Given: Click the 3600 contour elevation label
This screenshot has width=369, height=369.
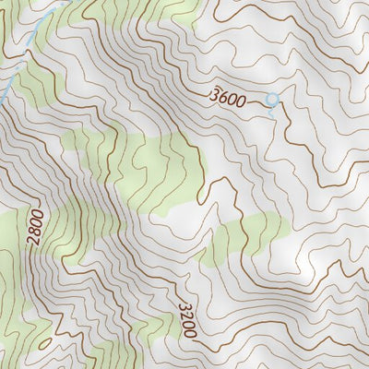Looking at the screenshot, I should [x=228, y=97].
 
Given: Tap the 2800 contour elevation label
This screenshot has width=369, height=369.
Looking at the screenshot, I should [x=35, y=227].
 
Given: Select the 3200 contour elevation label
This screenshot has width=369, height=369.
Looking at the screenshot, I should [x=184, y=308].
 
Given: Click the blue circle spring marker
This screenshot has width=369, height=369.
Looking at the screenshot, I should [x=271, y=98].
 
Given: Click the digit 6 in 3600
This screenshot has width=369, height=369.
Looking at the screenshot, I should [x=224, y=96].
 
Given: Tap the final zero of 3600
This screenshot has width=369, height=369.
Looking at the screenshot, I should [x=241, y=101].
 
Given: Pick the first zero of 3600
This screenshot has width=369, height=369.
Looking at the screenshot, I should [x=232, y=99].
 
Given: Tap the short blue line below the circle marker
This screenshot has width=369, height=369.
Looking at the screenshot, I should [x=273, y=108].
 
